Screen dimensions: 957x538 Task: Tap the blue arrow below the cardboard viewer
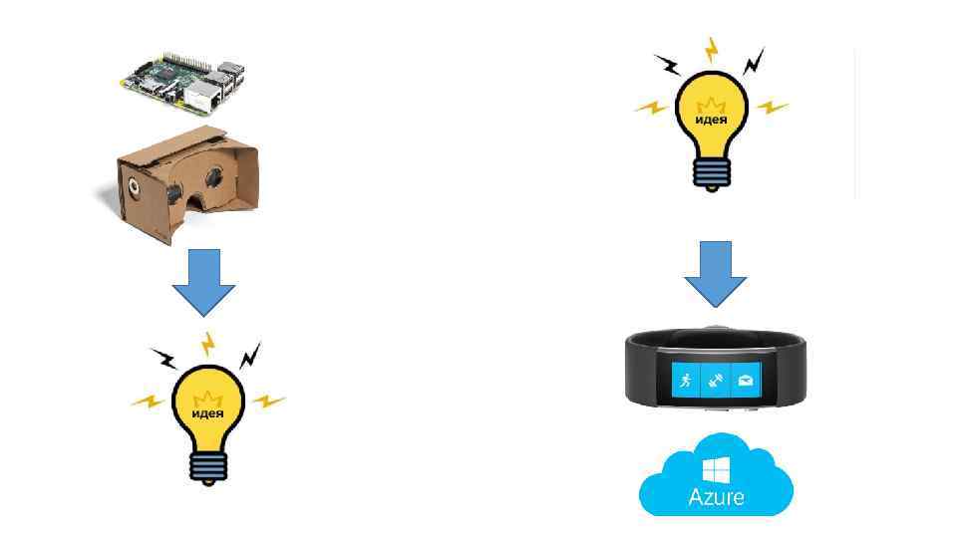click(x=203, y=284)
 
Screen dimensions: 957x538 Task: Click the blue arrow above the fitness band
click(x=715, y=272)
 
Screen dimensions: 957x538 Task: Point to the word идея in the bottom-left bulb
click(x=207, y=412)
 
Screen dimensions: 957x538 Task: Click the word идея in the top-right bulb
click(x=711, y=120)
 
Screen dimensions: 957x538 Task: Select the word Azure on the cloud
click(x=715, y=495)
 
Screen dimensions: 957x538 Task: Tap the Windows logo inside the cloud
click(x=715, y=468)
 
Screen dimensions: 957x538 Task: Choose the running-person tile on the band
click(x=685, y=380)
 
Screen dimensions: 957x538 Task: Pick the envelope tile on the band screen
click(x=745, y=380)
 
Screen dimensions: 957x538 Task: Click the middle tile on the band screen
click(x=715, y=380)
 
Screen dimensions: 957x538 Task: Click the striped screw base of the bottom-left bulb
click(x=207, y=466)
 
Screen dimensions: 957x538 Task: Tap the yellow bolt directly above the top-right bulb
click(x=711, y=49)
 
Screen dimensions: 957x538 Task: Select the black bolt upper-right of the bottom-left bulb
click(x=250, y=354)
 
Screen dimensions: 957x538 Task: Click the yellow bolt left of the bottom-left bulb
click(x=149, y=401)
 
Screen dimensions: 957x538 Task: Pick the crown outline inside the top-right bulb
click(x=711, y=104)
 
